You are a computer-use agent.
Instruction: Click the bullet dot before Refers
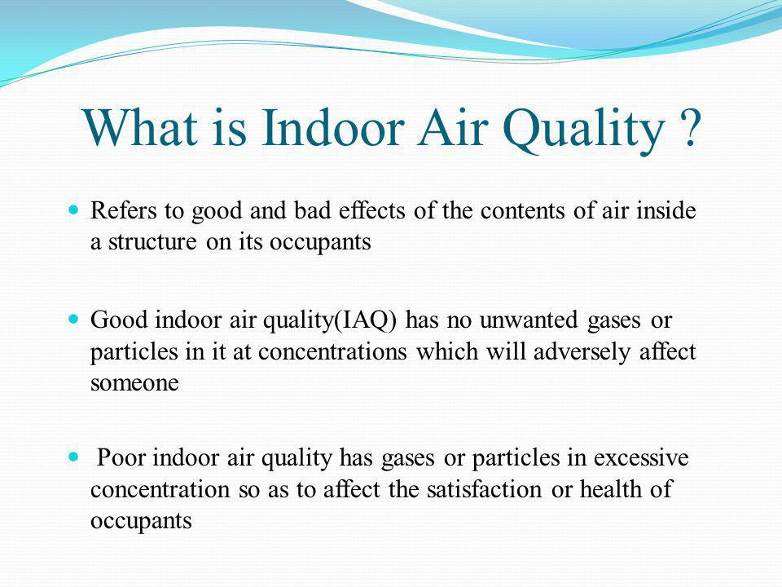tap(74, 211)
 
